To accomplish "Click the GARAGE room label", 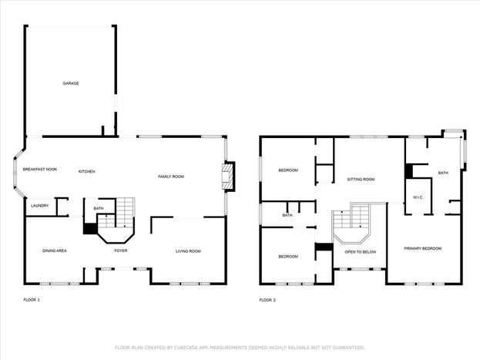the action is (71, 83).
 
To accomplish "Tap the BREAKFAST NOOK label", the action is (40, 169).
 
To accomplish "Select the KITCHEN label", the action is (87, 172).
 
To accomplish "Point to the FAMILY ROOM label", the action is (171, 177).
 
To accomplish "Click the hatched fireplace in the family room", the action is (227, 177).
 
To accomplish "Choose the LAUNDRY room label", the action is (40, 206).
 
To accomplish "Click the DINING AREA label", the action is (55, 251).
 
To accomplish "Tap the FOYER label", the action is (121, 251).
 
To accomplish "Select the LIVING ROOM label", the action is (188, 251).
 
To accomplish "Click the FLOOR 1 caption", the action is (32, 300).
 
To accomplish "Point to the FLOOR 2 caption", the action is (267, 300).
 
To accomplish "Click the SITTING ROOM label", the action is (361, 180).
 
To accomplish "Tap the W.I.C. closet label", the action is (418, 197).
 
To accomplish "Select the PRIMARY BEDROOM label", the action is (423, 248).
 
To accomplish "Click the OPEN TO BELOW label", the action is (361, 252).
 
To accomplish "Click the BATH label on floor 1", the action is (99, 209).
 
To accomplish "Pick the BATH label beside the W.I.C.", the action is (443, 173).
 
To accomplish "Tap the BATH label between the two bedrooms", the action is (287, 215).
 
